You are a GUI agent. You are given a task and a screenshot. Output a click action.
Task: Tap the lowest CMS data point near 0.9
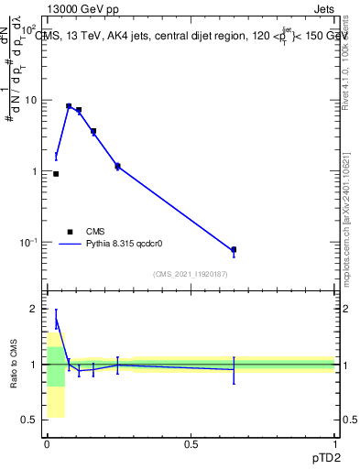56,173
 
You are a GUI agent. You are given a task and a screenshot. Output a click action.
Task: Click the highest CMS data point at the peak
69,106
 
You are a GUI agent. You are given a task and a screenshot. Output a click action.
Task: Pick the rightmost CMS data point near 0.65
234,249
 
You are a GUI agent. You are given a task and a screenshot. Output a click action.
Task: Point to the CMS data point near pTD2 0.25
117,166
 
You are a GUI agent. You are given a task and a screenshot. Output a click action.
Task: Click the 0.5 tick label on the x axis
191,444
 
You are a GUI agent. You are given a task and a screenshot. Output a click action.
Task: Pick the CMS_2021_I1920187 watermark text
190,274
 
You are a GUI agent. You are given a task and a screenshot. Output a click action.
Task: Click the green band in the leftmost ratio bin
56,365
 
